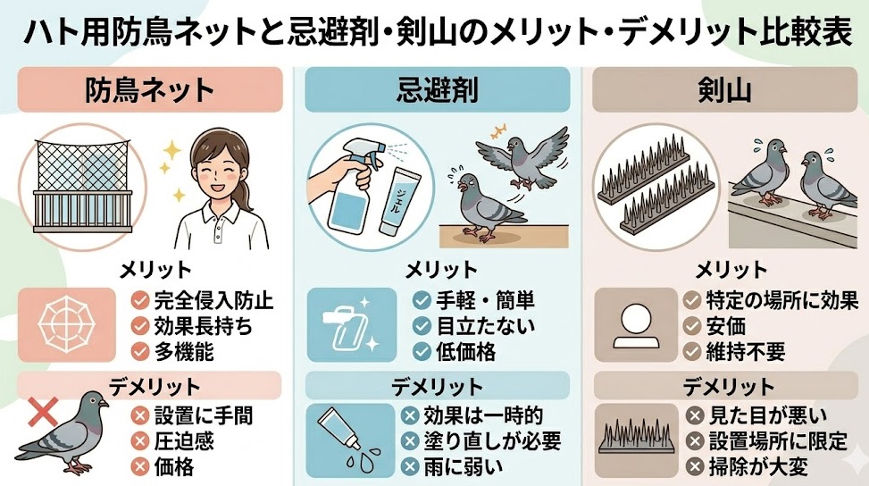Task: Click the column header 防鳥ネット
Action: click(x=149, y=89)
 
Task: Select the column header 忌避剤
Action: click(x=437, y=89)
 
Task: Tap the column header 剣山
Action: click(x=724, y=89)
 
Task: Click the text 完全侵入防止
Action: click(x=213, y=300)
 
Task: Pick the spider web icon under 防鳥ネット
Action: click(x=68, y=323)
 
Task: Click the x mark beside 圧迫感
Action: click(x=139, y=440)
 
